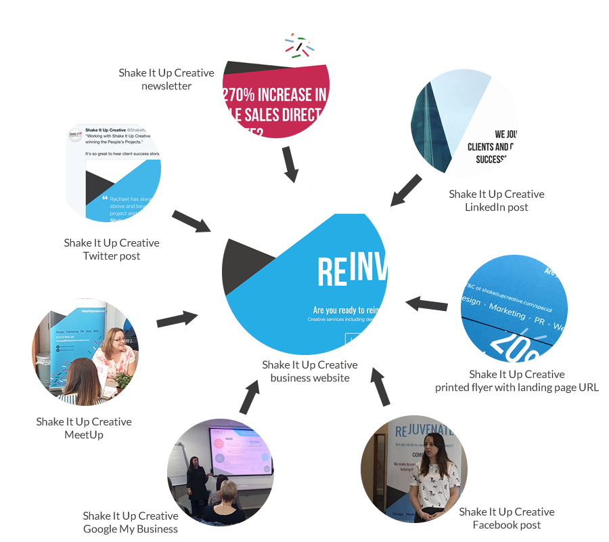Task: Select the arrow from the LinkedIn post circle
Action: point(406,190)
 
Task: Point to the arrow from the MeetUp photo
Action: point(177,318)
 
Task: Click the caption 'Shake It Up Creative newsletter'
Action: point(166,79)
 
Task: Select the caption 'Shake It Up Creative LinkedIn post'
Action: point(496,201)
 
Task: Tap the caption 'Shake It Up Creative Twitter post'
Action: point(112,249)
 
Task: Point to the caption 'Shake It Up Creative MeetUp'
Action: point(84,428)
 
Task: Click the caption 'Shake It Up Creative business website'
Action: point(310,371)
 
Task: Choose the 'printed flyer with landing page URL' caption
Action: point(517,381)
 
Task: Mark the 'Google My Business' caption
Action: point(131,522)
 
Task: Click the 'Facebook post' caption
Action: point(507,518)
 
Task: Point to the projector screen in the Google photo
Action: point(241,451)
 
